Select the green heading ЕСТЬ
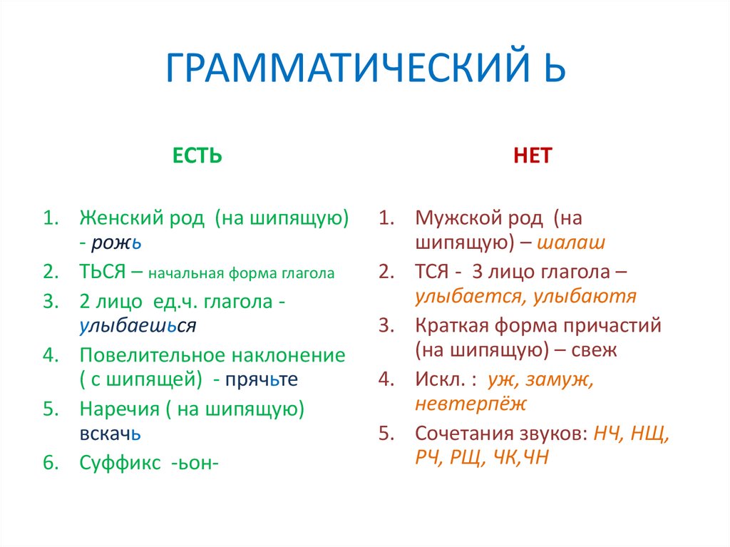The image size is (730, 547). (197, 156)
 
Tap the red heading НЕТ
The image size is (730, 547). (533, 156)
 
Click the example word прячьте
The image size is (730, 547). (262, 380)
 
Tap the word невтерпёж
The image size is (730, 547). (471, 405)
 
